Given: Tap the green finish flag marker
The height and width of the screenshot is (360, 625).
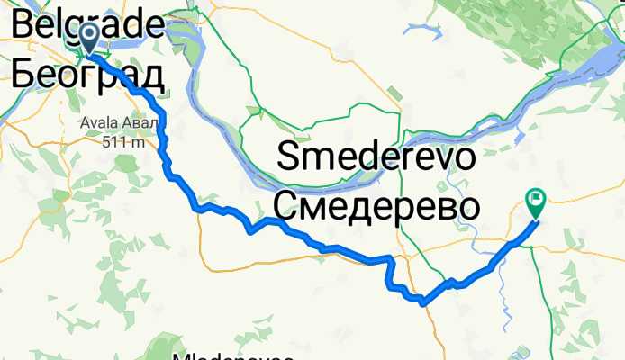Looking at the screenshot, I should pos(535,202).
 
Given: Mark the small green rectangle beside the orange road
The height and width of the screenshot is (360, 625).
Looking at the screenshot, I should pos(393,93).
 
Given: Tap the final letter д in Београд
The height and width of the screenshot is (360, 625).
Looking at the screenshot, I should pos(150,75).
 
